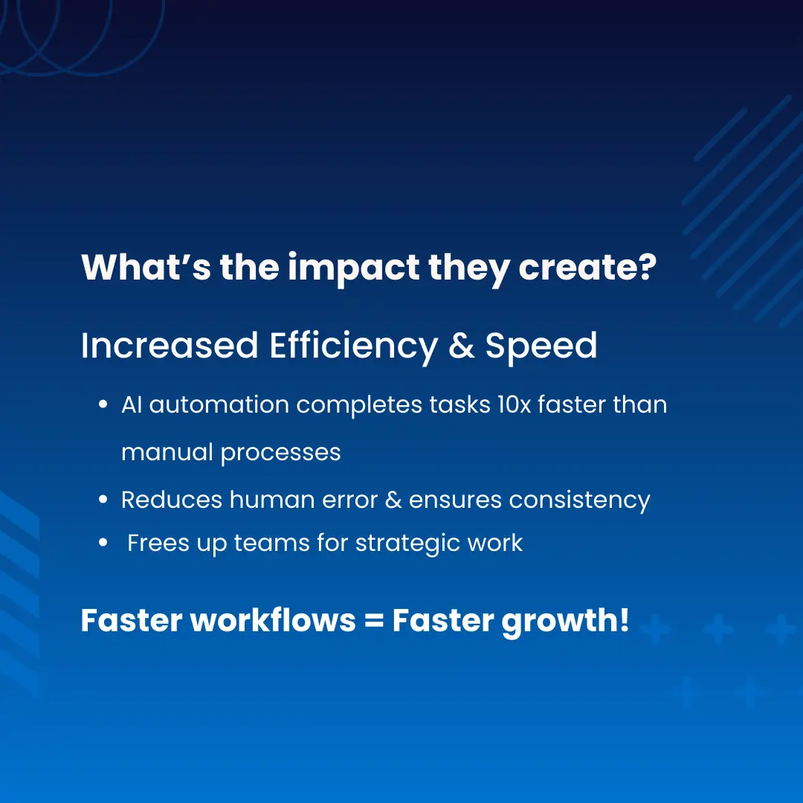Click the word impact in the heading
pyautogui.click(x=353, y=268)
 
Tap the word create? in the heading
pyautogui.click(x=587, y=268)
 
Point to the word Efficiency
pyautogui.click(x=353, y=346)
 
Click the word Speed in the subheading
pyautogui.click(x=541, y=346)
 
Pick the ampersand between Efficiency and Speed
pyautogui.click(x=462, y=346)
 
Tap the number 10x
pyautogui.click(x=513, y=405)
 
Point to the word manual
pyautogui.click(x=167, y=452)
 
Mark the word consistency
pyautogui.click(x=579, y=500)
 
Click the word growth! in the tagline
pyautogui.click(x=565, y=622)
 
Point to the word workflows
pyautogui.click(x=273, y=621)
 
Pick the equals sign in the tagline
pyautogui.click(x=374, y=622)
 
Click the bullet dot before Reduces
pyautogui.click(x=103, y=500)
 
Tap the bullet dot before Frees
pyautogui.click(x=103, y=544)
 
